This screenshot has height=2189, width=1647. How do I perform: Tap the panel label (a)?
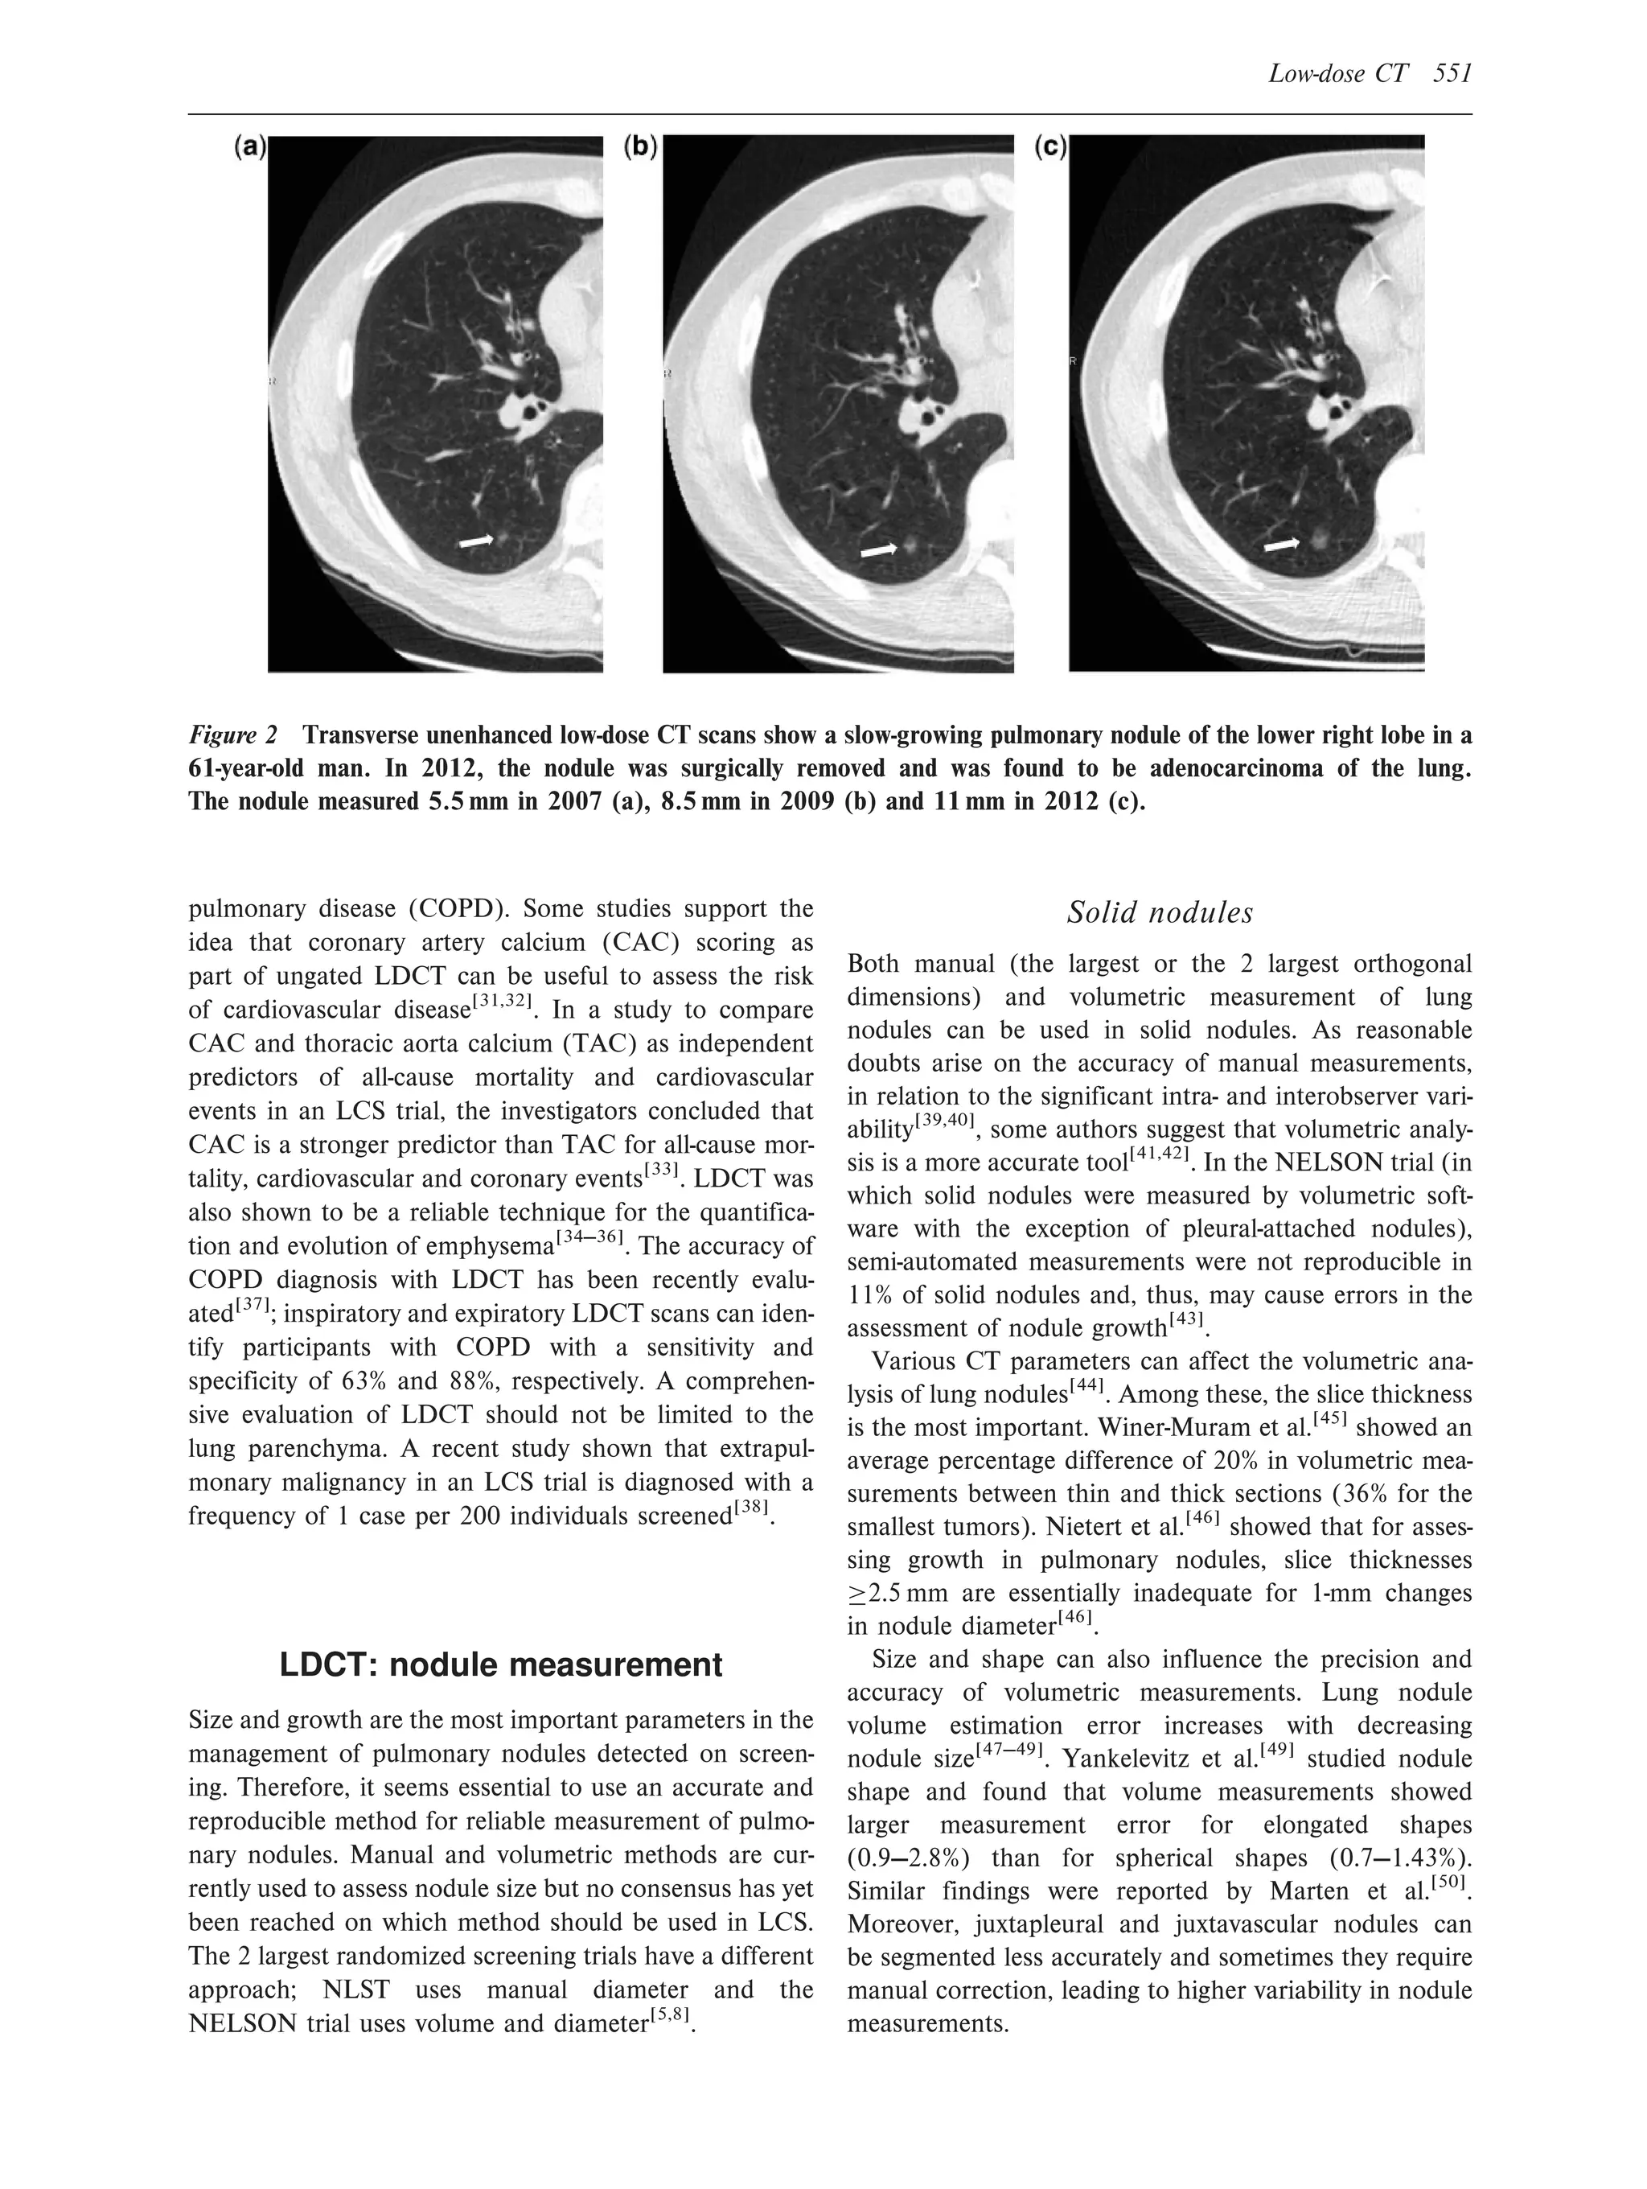[249, 147]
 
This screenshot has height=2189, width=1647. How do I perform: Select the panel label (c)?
[1049, 147]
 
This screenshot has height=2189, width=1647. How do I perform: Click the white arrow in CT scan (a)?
[477, 541]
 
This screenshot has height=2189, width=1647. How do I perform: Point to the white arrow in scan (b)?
[878, 550]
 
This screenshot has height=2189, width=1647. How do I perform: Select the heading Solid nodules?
[1160, 912]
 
